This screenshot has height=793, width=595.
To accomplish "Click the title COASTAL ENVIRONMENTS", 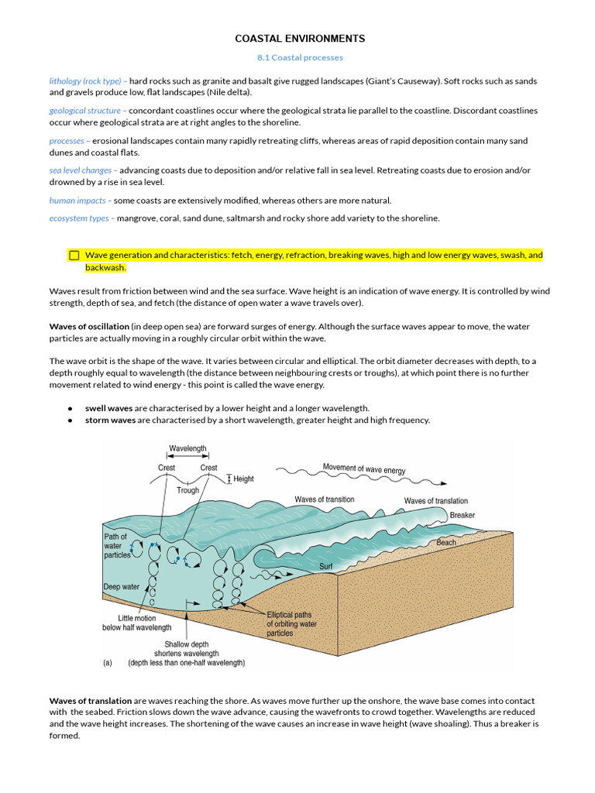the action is [x=300, y=39].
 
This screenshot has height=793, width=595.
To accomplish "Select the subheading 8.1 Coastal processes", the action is [x=300, y=57].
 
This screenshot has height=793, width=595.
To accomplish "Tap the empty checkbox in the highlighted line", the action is [x=74, y=255].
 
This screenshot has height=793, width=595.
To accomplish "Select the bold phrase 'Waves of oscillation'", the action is [x=88, y=327].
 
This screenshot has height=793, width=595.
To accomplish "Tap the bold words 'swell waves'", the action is [x=108, y=408].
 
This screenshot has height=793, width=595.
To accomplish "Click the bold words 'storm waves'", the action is [x=110, y=421].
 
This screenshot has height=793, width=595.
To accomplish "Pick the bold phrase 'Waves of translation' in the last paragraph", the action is [x=90, y=701].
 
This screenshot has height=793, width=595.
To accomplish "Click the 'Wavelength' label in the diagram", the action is [x=187, y=448].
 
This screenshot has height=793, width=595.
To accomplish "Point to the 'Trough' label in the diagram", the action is [x=187, y=490].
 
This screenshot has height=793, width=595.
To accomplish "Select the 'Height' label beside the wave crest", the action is [x=243, y=479].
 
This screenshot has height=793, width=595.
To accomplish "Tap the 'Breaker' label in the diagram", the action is [x=462, y=515].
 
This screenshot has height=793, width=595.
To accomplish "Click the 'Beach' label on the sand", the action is [x=446, y=543].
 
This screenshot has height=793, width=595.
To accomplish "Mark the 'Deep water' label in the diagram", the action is [x=122, y=587].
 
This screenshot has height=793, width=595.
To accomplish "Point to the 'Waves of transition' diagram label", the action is [x=325, y=499].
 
